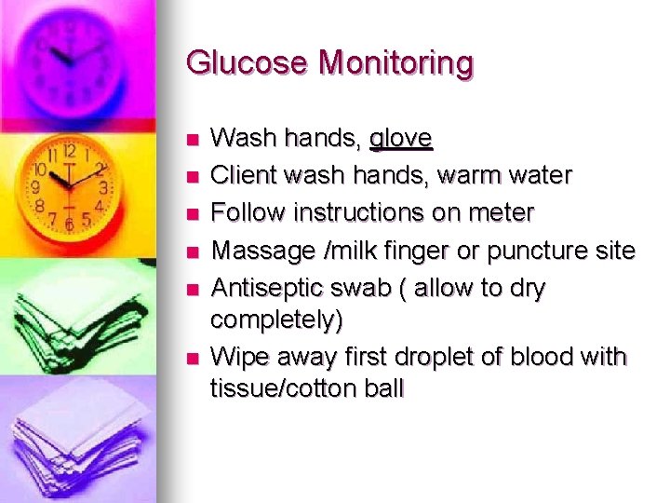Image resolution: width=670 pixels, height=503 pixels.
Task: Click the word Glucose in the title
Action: [247, 63]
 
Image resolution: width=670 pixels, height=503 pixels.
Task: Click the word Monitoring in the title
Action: [395, 63]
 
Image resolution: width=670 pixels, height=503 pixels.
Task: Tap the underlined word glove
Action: [400, 139]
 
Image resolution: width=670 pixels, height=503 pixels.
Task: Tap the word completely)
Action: [276, 320]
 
